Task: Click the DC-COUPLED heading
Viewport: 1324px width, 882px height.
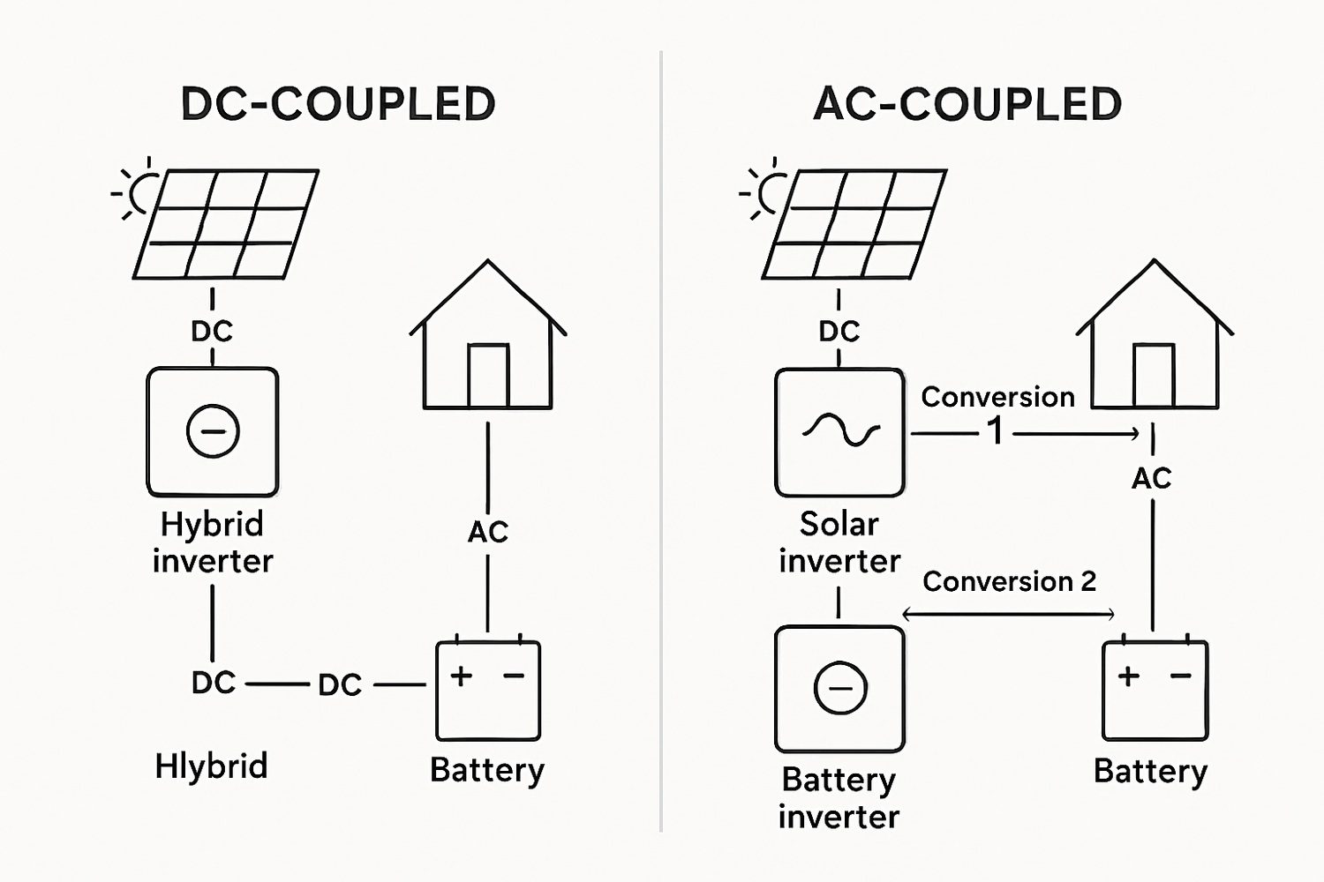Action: coord(338,104)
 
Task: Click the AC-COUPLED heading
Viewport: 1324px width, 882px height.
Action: coord(967,104)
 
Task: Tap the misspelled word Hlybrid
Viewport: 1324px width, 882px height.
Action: coord(211,766)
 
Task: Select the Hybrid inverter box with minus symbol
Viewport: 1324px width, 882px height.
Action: coord(213,432)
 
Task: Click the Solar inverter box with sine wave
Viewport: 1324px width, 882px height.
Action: coord(839,432)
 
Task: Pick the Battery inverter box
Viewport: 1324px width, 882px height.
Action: coord(839,688)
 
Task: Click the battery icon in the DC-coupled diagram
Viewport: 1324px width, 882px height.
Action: coord(488,689)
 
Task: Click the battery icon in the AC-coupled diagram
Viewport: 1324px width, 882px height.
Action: coord(1155,689)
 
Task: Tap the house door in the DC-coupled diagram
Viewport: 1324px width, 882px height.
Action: coord(488,376)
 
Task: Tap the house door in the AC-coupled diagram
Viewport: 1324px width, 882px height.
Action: coord(1154,376)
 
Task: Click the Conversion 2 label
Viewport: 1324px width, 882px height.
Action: coord(1009,581)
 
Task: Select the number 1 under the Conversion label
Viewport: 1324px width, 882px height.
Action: coord(996,431)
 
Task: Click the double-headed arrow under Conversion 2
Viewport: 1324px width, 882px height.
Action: coord(1008,614)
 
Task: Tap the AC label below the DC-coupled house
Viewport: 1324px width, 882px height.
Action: coord(488,532)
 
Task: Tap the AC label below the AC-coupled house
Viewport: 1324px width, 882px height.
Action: coord(1152,478)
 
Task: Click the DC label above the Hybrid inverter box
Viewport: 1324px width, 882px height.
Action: coord(212,331)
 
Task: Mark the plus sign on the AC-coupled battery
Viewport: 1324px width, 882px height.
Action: coord(1128,676)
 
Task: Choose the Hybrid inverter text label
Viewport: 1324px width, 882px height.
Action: coord(213,542)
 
